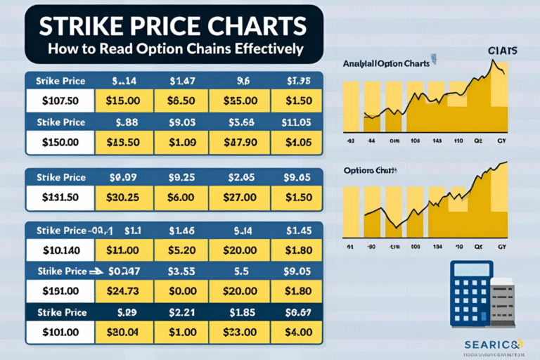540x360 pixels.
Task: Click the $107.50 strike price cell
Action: (x=60, y=101)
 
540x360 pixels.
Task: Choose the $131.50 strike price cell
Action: (x=60, y=198)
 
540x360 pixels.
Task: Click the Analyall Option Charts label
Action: (x=385, y=64)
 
